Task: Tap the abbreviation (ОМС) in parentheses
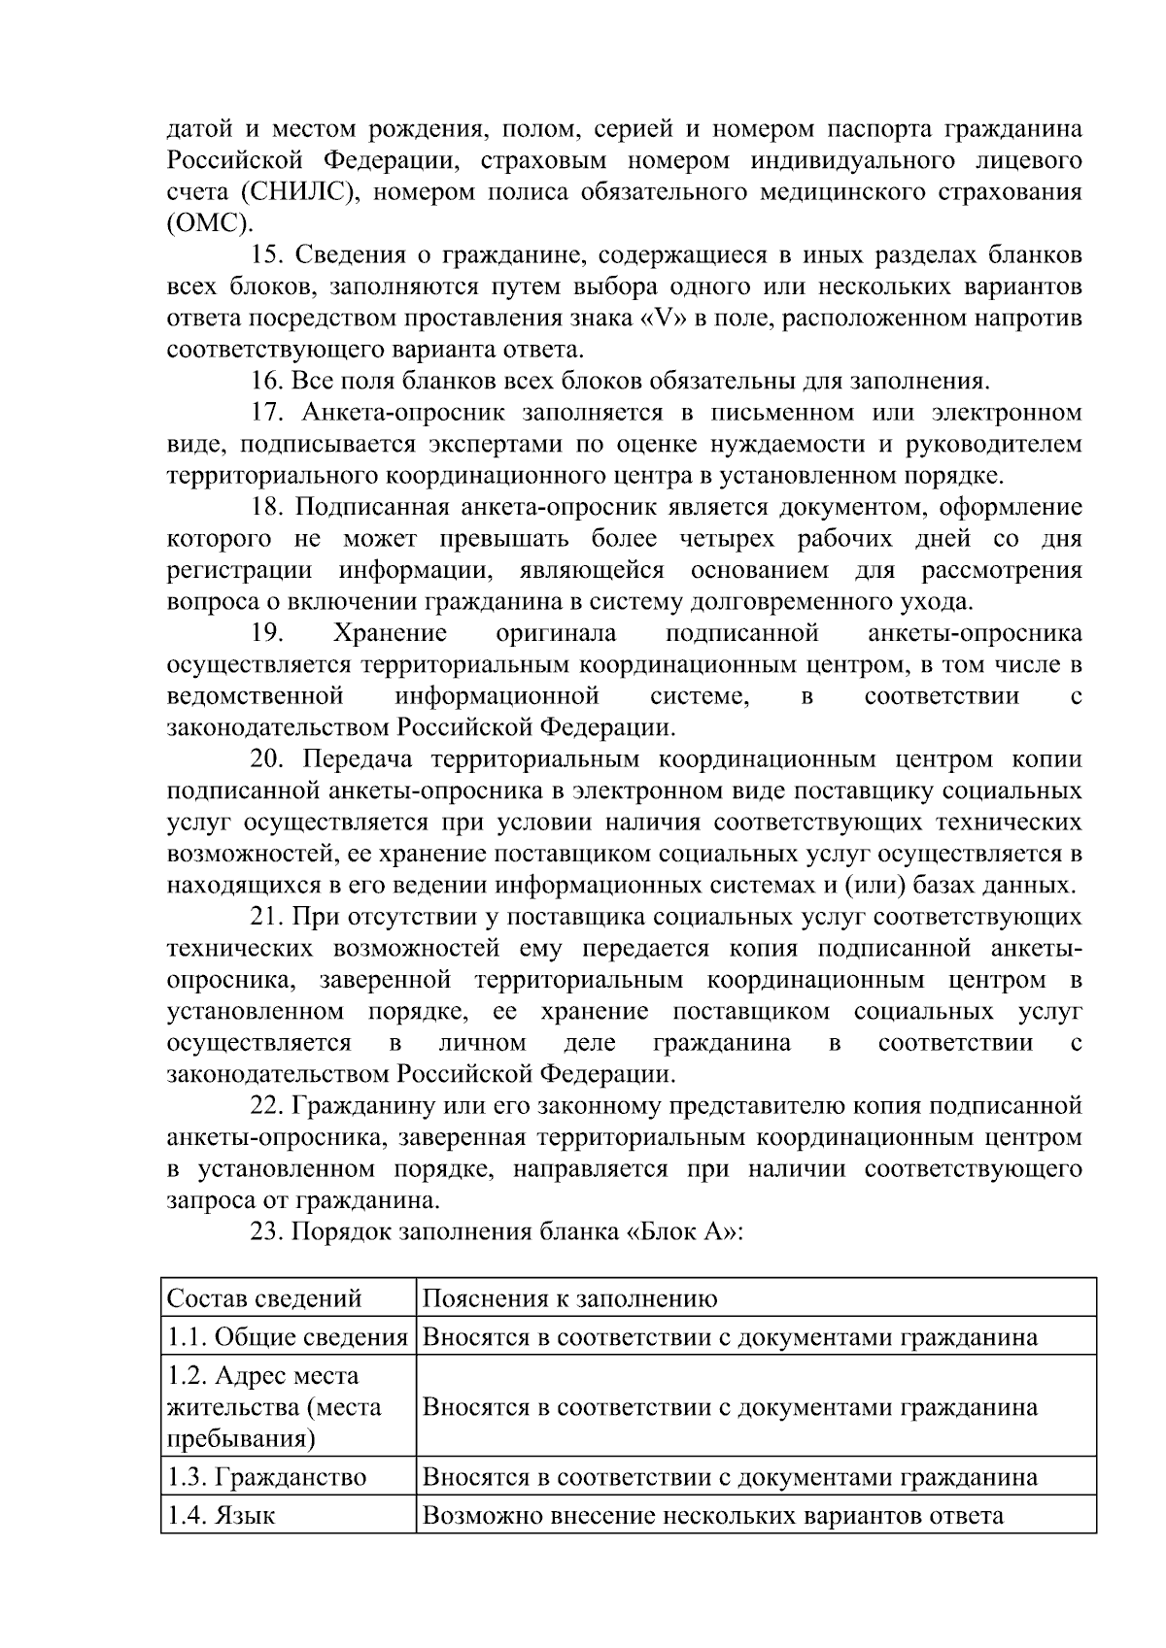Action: [208, 222]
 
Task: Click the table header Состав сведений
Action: [264, 1299]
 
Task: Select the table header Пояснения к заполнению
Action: [569, 1299]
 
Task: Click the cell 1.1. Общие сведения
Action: [287, 1337]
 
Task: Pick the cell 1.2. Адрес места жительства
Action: [274, 1407]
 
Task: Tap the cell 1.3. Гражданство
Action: [266, 1478]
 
